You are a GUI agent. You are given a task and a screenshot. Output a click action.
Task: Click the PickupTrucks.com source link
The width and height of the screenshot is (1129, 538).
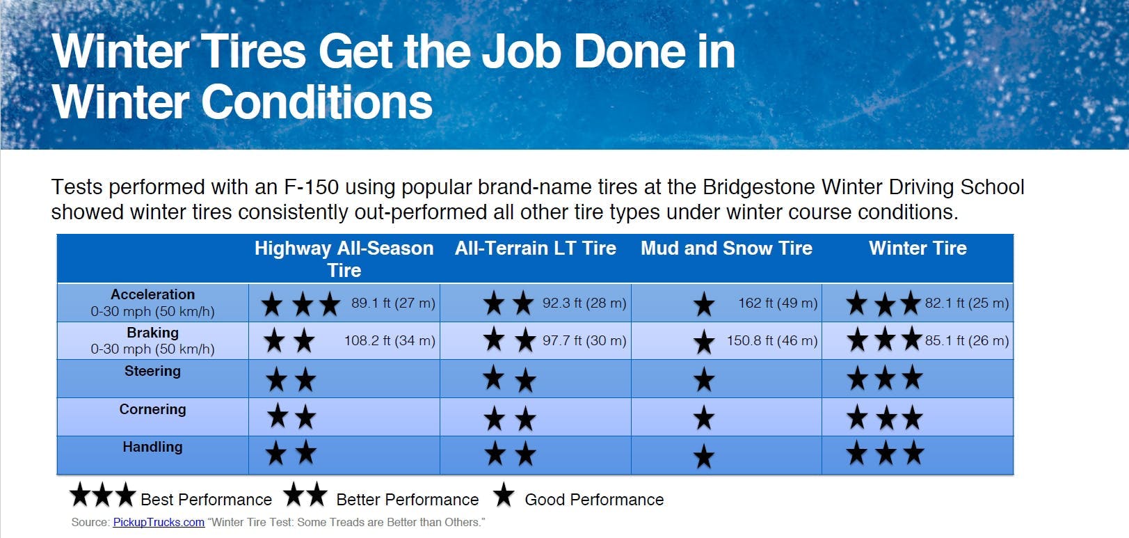click(159, 523)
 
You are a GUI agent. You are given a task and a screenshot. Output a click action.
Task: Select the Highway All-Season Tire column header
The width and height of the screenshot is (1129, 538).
click(344, 259)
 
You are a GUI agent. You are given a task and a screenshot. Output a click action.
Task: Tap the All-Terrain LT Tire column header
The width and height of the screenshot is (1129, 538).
click(535, 248)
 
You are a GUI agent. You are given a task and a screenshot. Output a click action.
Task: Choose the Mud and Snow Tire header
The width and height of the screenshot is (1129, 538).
click(726, 248)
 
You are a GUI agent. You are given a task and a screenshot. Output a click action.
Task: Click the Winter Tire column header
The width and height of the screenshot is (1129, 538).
click(918, 248)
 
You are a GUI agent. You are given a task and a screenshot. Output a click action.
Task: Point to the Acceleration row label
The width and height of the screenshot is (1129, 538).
click(153, 294)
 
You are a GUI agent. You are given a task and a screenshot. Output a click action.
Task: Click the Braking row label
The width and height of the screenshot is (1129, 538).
click(153, 333)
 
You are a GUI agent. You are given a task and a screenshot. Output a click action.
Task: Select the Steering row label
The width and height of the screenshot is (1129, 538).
click(153, 371)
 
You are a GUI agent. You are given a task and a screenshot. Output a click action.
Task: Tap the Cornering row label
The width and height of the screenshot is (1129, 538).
click(153, 409)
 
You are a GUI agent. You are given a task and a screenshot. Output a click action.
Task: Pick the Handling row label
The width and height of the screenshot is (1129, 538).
click(153, 448)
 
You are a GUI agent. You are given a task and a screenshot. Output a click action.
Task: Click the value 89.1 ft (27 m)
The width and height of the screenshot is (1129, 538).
click(393, 303)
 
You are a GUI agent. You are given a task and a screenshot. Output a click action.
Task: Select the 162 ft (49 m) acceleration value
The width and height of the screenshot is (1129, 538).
click(778, 303)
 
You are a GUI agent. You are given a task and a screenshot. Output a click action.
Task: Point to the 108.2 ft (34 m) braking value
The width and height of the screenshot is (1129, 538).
click(390, 341)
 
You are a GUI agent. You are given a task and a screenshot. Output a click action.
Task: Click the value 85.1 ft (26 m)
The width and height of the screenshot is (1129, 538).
click(967, 341)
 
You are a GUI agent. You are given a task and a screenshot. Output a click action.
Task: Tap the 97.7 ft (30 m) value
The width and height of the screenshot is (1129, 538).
click(584, 341)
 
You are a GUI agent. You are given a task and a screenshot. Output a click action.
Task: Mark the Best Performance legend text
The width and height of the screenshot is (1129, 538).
click(206, 500)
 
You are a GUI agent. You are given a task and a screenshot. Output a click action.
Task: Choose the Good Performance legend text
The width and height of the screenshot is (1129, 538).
click(594, 500)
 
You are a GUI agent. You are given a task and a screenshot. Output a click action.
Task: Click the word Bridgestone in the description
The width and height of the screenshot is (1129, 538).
click(758, 187)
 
